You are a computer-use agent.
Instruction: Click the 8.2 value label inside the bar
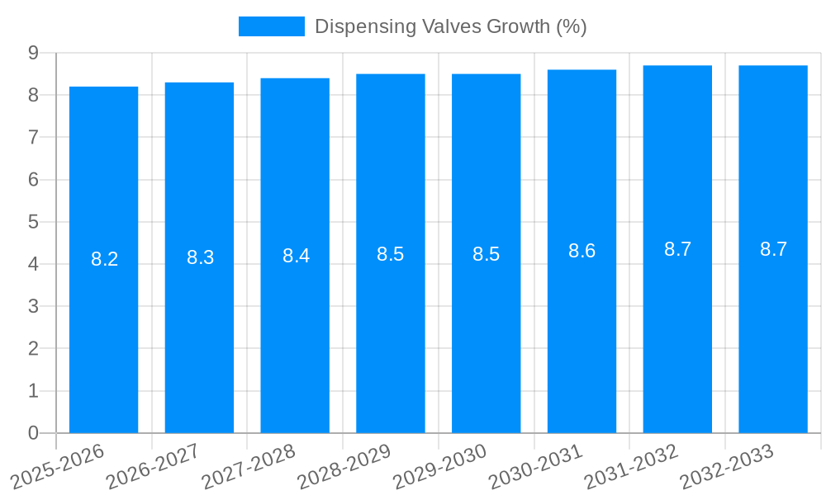click(x=104, y=259)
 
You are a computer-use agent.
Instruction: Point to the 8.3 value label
click(x=200, y=257)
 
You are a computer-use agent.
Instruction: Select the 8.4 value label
click(x=296, y=256)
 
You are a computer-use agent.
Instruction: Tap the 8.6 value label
click(x=582, y=252)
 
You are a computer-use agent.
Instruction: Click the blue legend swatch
click(x=271, y=26)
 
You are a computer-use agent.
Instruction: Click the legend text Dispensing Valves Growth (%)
click(x=450, y=26)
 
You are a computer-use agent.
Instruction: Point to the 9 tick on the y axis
click(x=33, y=53)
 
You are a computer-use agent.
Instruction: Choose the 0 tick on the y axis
click(x=33, y=433)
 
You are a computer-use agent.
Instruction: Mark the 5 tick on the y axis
click(x=33, y=222)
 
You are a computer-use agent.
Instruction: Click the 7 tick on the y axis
click(x=33, y=137)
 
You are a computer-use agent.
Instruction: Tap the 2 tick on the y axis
click(x=33, y=349)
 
